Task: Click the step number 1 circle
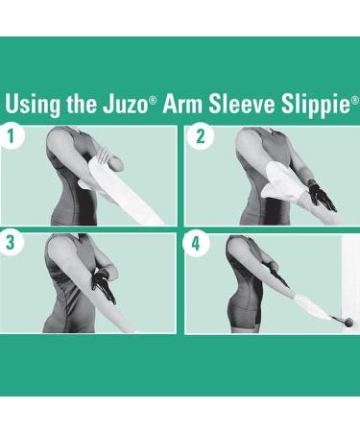click(12, 136)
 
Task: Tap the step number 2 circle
click(199, 136)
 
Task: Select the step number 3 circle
click(12, 243)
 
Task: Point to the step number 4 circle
click(199, 243)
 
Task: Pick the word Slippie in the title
click(315, 104)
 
